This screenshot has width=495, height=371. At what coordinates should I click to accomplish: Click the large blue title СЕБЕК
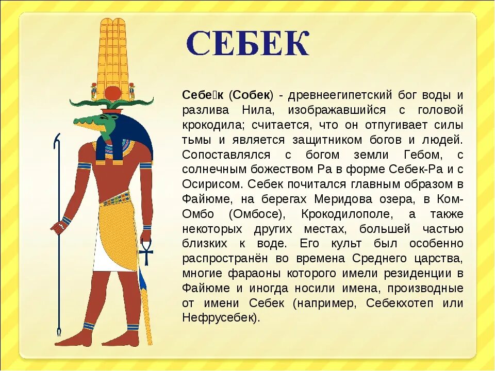(x=248, y=44)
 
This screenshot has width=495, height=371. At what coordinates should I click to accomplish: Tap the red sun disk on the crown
(x=111, y=93)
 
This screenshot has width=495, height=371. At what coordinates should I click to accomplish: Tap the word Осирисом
(x=212, y=184)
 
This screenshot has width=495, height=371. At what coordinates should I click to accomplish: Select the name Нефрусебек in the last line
(x=219, y=317)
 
